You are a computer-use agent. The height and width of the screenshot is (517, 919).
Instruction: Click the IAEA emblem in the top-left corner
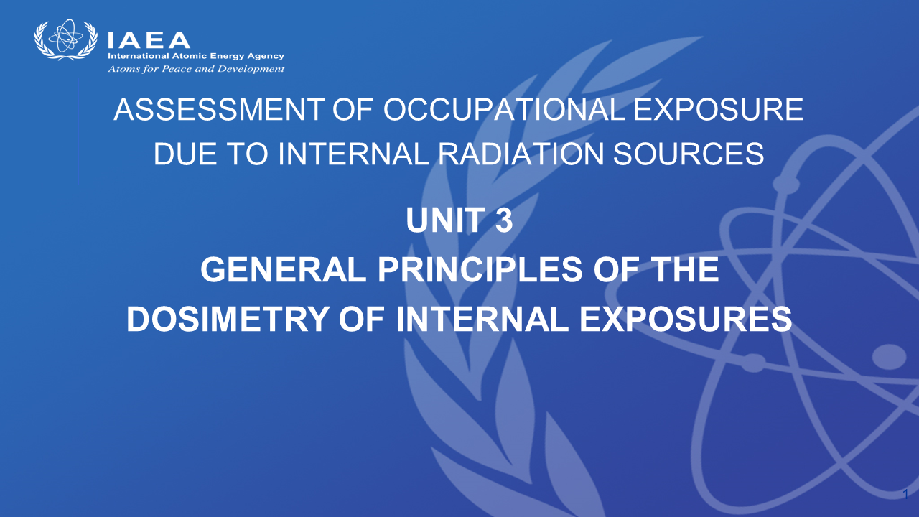tap(66, 39)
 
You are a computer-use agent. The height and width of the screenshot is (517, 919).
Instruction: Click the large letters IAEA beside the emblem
tap(149, 40)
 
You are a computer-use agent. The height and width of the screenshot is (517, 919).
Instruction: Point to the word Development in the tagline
tap(251, 69)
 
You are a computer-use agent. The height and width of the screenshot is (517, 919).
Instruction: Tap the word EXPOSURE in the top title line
tap(719, 110)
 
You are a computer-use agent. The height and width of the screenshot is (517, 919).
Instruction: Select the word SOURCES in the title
tap(689, 154)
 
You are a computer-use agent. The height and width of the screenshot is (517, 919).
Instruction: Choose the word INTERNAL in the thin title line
tap(353, 154)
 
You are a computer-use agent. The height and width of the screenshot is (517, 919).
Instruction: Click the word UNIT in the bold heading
tap(446, 220)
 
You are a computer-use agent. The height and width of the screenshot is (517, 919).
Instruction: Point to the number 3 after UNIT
tap(504, 220)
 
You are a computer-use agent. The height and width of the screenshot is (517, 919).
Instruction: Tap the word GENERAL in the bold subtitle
tap(283, 269)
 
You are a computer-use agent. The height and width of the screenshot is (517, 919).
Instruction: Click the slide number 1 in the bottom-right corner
tap(905, 495)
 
